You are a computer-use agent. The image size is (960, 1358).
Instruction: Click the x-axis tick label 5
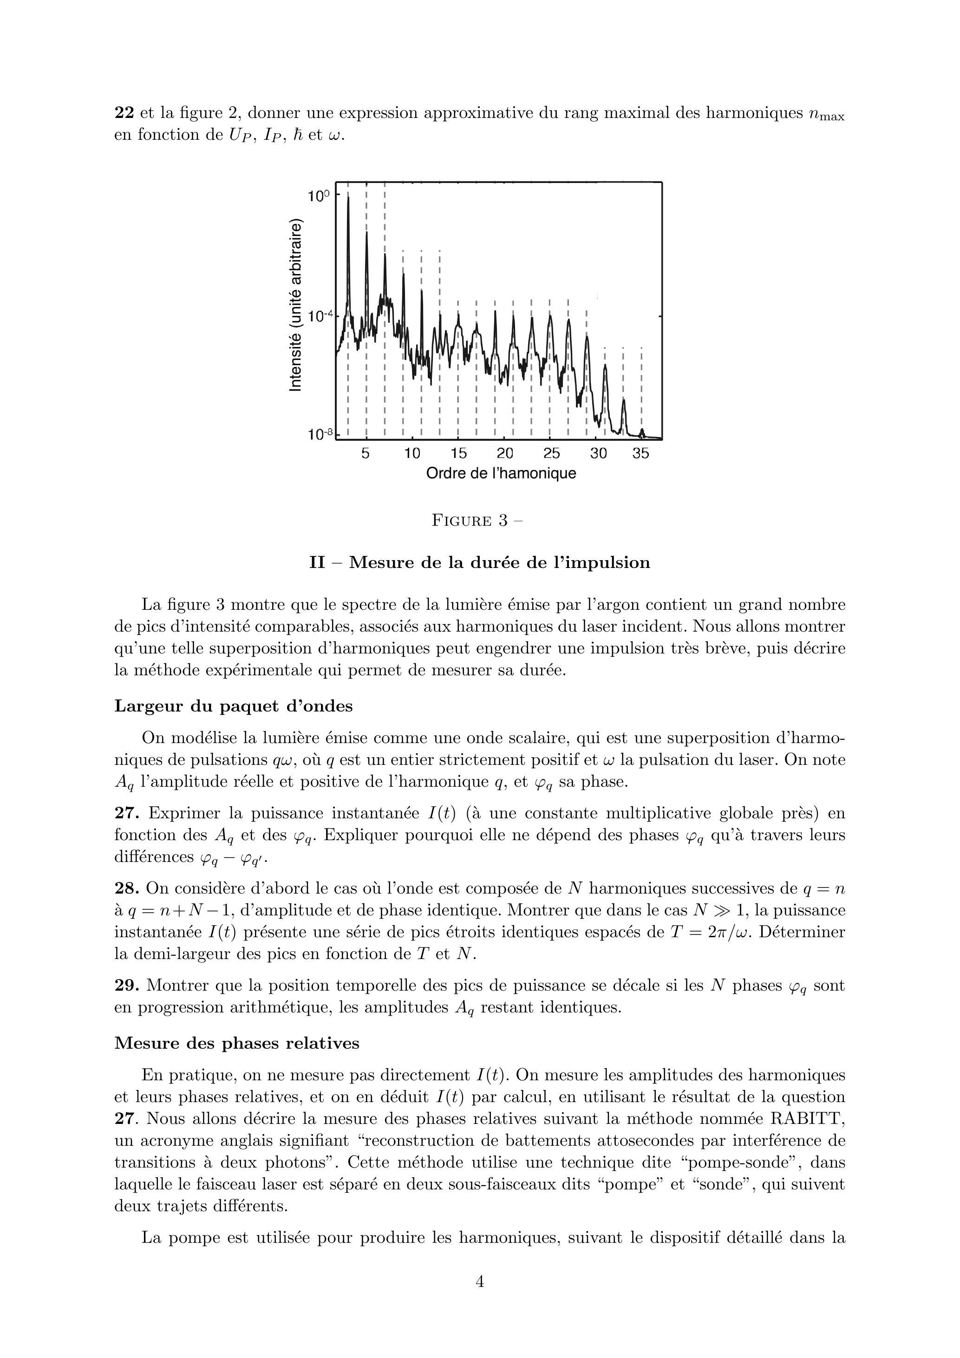[x=366, y=454]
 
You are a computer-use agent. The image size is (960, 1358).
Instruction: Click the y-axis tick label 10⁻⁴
[x=318, y=316]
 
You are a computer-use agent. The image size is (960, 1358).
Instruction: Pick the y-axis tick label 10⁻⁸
[x=318, y=434]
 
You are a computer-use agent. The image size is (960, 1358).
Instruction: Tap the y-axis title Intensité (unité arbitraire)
[x=295, y=305]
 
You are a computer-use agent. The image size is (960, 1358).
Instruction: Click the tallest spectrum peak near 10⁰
[x=348, y=199]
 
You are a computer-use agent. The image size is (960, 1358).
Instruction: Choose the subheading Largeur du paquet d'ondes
[x=233, y=706]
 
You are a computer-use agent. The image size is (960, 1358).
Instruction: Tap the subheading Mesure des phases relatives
[x=236, y=1043]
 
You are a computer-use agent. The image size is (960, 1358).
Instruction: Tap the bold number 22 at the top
[x=124, y=113]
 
